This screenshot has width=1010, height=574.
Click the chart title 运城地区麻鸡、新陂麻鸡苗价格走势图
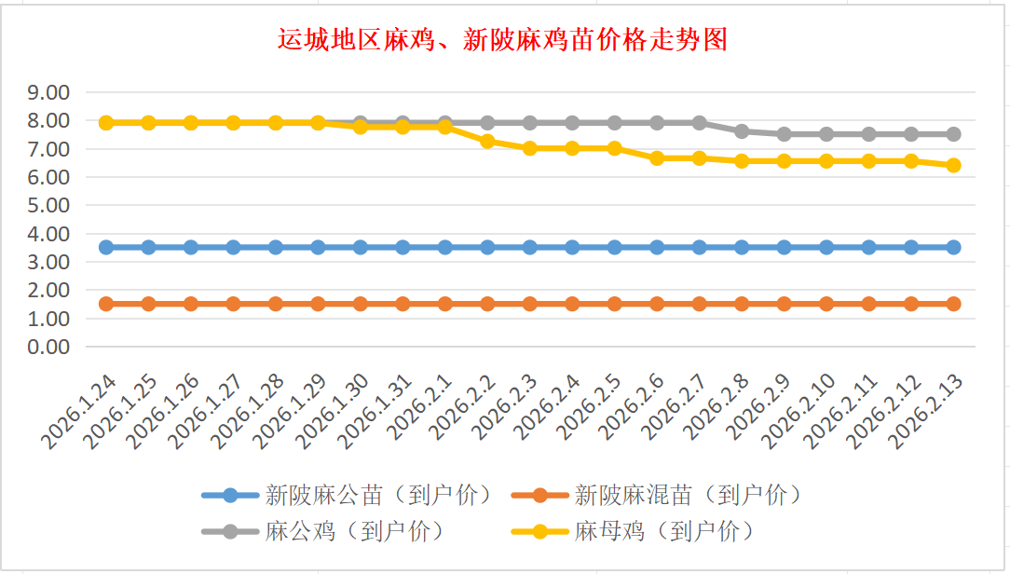(x=502, y=40)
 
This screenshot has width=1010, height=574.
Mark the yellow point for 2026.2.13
(x=953, y=165)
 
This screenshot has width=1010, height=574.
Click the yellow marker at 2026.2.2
(x=487, y=141)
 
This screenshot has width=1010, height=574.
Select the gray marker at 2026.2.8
(x=742, y=131)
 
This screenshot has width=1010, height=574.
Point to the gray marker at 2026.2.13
(x=953, y=134)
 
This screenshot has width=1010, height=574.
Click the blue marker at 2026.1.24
(x=106, y=247)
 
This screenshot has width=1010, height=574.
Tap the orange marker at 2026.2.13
(x=953, y=304)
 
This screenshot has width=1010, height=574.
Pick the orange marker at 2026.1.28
(x=276, y=304)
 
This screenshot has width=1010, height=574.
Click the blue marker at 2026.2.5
(x=615, y=247)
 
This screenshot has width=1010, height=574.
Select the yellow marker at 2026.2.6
(x=657, y=158)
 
